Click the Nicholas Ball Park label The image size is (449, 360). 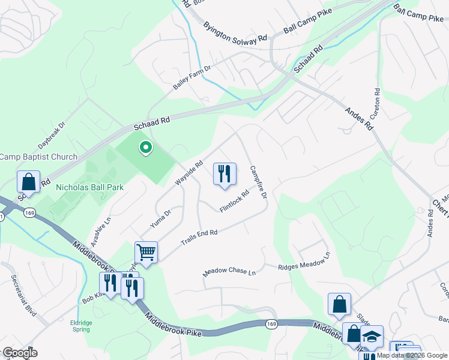click(89, 187)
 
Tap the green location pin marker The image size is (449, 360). click(145, 147)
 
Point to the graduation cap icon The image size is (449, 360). click(372, 337)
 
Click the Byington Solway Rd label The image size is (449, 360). click(235, 33)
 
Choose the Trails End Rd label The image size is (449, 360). click(199, 238)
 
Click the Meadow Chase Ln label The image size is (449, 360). click(229, 271)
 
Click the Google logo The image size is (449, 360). click(20, 352)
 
